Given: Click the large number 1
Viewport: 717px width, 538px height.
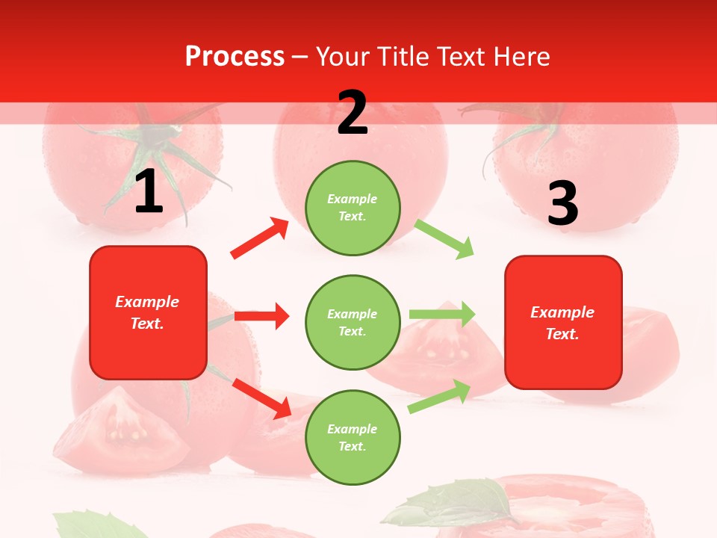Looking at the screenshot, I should (x=149, y=193).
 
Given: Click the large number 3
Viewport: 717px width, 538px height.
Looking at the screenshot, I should (x=562, y=203).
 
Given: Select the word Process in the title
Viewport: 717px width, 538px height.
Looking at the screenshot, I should (x=235, y=56).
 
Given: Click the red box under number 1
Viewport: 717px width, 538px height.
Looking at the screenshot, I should (x=148, y=312).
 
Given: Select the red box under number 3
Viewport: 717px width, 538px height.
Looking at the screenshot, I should (x=563, y=322).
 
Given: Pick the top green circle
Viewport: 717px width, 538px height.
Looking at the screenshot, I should (x=353, y=208).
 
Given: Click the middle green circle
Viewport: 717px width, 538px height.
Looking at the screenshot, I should (x=353, y=322).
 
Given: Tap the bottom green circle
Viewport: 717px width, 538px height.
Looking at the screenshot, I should (x=353, y=437).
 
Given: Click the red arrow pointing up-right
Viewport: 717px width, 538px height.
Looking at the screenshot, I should (x=260, y=238).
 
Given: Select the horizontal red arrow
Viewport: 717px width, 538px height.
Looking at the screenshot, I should (x=261, y=316).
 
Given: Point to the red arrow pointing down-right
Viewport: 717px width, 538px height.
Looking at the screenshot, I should (x=261, y=398).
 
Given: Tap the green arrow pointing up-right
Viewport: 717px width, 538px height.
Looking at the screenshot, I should (x=440, y=397).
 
